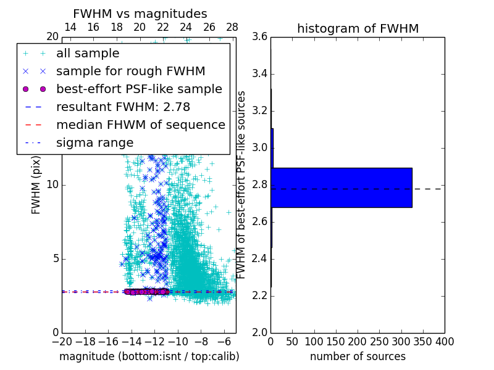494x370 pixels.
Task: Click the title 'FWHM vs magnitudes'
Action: (140, 14)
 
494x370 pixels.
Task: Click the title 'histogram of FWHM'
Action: (358, 28)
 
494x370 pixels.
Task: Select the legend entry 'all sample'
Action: (88, 54)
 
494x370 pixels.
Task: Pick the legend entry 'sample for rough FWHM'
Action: (130, 72)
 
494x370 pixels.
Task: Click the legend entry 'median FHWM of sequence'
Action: (140, 125)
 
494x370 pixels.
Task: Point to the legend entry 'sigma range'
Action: (94, 143)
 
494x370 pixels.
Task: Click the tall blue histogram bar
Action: (341, 187)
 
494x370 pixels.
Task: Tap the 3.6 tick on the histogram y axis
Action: (260, 37)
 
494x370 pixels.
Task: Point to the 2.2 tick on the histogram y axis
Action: (260, 295)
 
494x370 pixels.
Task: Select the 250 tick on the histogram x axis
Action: (379, 341)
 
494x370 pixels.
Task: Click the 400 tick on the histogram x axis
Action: (445, 341)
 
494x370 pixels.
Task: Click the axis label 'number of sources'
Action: (358, 356)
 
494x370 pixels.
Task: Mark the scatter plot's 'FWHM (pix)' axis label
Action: (36, 184)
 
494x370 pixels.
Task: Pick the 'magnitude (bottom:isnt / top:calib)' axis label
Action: (149, 356)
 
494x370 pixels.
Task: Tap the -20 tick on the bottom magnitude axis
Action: (62, 341)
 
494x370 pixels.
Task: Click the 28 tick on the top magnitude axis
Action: (232, 28)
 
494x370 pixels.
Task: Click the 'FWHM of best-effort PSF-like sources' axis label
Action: (242, 184)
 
